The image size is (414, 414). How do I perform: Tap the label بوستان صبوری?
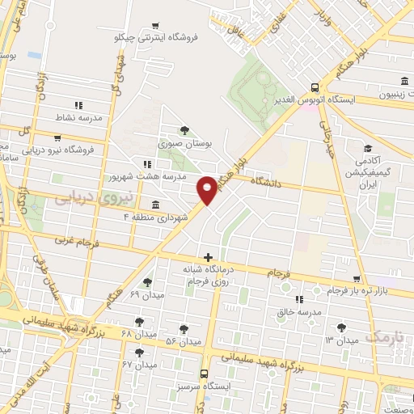tap(186, 143)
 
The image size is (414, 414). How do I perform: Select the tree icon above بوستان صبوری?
tap(186, 130)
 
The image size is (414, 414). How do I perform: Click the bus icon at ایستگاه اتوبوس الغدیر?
tap(314, 87)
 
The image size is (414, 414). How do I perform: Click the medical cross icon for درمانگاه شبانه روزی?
tap(209, 257)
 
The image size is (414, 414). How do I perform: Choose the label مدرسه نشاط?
tap(79, 118)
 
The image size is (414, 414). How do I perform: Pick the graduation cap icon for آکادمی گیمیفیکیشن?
tap(369, 149)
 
